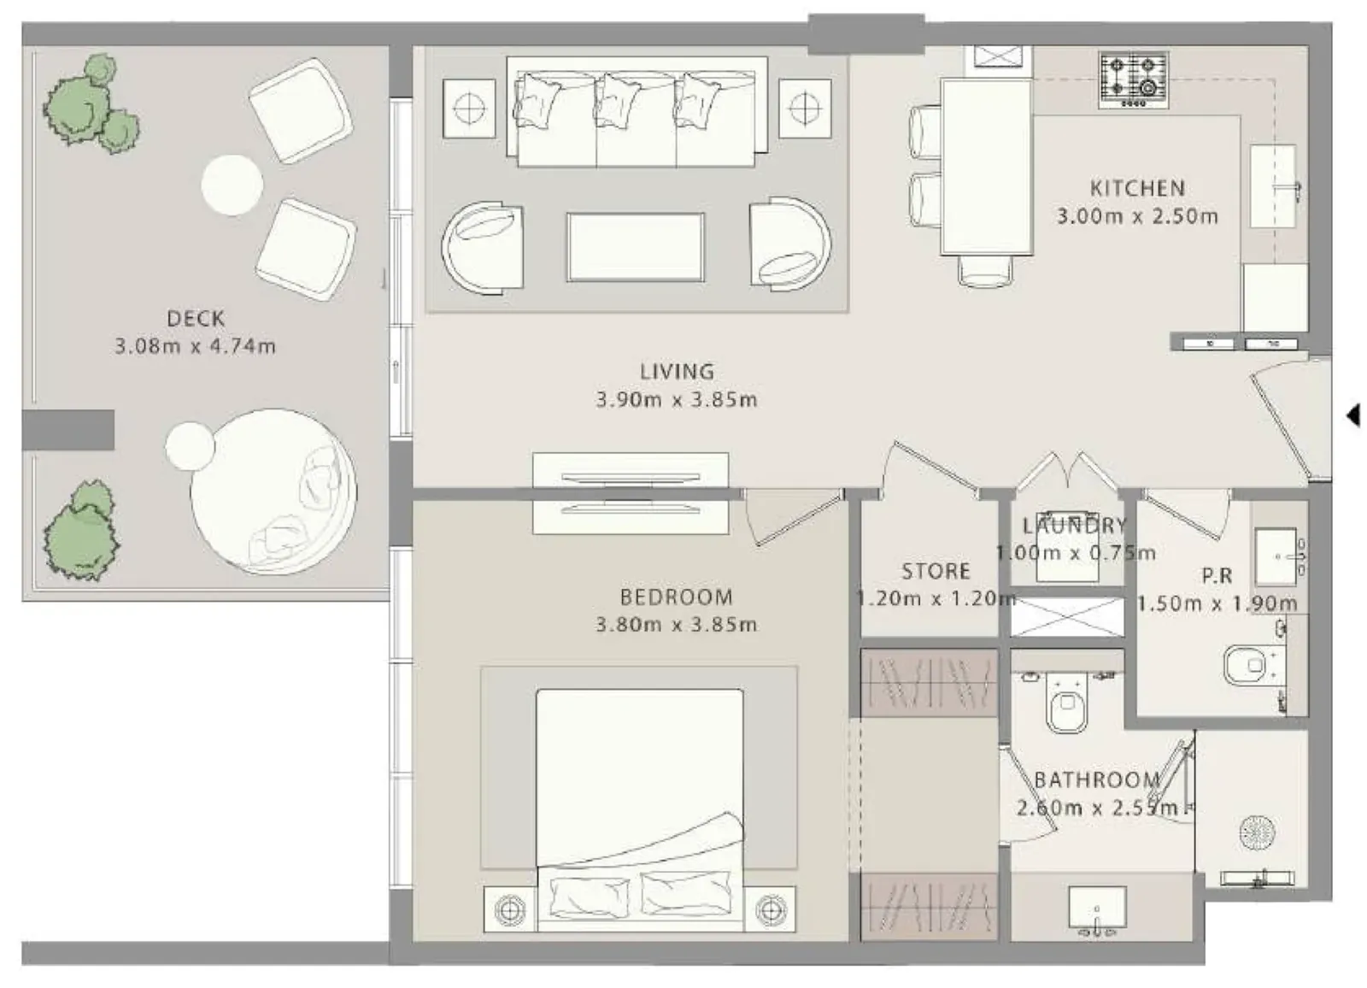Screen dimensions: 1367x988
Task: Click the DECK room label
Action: click(196, 318)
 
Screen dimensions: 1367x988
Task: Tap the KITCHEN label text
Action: click(1137, 188)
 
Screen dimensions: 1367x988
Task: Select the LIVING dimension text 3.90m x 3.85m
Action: click(676, 400)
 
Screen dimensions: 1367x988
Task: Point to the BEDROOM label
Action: click(676, 597)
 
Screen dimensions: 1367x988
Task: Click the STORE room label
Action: click(936, 571)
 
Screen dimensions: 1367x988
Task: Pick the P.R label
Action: click(1217, 575)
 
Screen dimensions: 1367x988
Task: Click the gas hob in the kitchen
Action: click(1133, 80)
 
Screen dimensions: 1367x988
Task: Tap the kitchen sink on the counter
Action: click(1274, 185)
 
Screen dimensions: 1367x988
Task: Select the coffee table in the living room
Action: click(636, 247)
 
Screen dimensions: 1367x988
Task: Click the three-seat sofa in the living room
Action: click(637, 112)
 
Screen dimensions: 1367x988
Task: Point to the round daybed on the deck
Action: click(273, 491)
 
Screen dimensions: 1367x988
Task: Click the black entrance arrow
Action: click(1353, 415)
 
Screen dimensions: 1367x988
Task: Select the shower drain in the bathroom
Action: click(1257, 832)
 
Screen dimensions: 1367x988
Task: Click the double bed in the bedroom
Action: click(640, 810)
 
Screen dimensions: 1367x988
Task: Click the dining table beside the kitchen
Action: click(987, 167)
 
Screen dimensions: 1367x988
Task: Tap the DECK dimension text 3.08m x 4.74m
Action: click(196, 346)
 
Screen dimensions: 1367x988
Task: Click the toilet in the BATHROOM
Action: click(1066, 703)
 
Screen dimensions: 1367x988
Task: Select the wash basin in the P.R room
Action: click(1276, 556)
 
